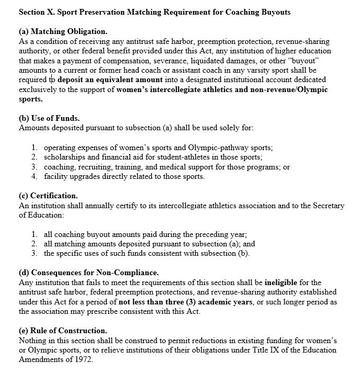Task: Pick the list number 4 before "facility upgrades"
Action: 34,176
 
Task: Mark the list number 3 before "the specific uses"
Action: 34,254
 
